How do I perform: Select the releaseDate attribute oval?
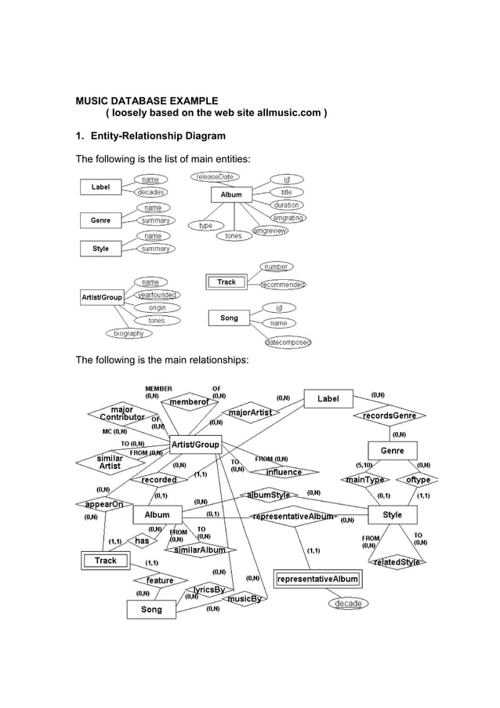[x=214, y=177]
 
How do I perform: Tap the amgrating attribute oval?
[x=288, y=218]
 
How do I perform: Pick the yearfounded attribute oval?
[x=156, y=295]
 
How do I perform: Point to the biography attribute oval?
[x=129, y=333]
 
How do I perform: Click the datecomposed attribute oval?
[x=288, y=342]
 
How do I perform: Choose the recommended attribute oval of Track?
[x=282, y=285]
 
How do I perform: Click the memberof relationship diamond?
[x=189, y=402]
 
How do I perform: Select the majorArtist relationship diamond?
[x=250, y=412]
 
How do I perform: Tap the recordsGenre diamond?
[x=389, y=416]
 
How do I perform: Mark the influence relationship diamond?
[x=284, y=472]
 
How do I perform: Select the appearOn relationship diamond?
[x=104, y=504]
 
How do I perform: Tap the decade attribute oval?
[x=348, y=604]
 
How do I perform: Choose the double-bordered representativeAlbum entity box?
[x=318, y=579]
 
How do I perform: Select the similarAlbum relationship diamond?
[x=199, y=550]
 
